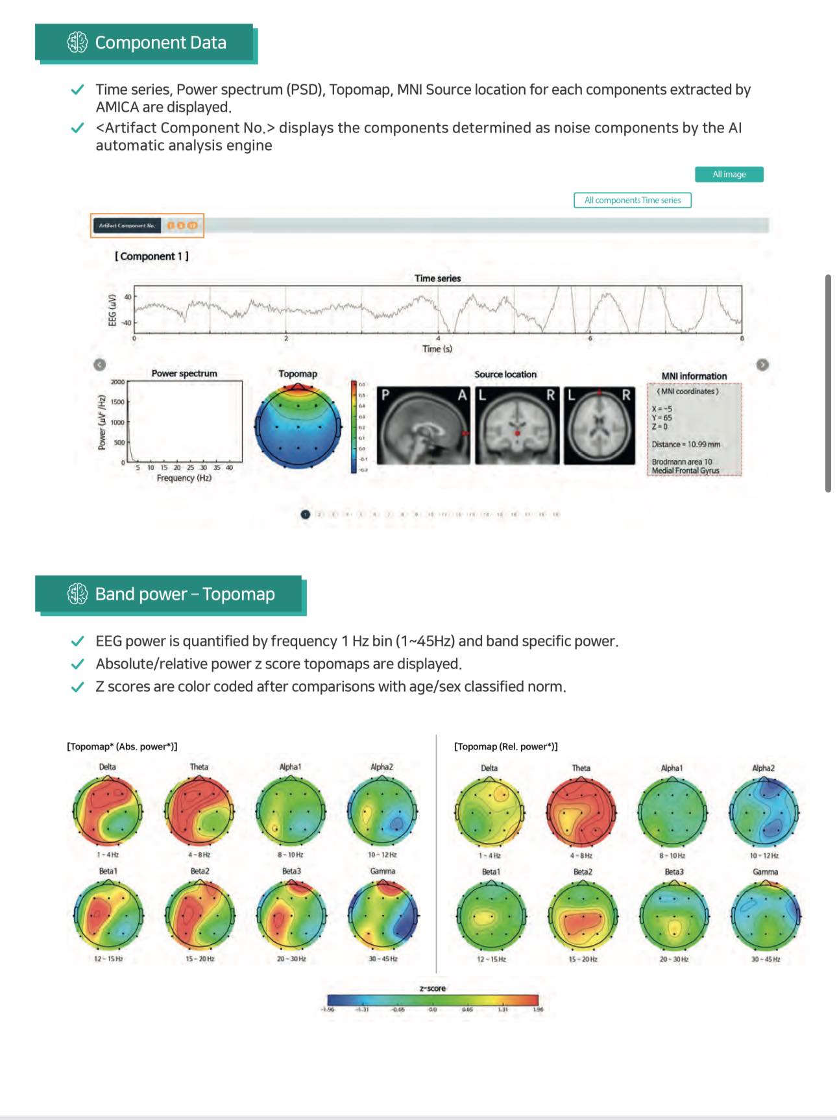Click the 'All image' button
729,175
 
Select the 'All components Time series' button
632,201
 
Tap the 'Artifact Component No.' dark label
127,226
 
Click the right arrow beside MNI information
762,365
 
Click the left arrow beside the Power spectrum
99,365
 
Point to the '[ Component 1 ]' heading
152,256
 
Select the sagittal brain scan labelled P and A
424,426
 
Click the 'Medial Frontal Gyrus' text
685,470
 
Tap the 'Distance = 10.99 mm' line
686,444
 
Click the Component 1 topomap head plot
298,426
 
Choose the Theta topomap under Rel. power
581,812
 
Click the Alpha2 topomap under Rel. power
764,812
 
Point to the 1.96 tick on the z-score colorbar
538,1009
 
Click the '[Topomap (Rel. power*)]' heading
505,747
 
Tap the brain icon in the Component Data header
77,43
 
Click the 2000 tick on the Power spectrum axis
117,382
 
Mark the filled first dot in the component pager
306,515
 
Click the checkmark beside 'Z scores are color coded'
77,687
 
